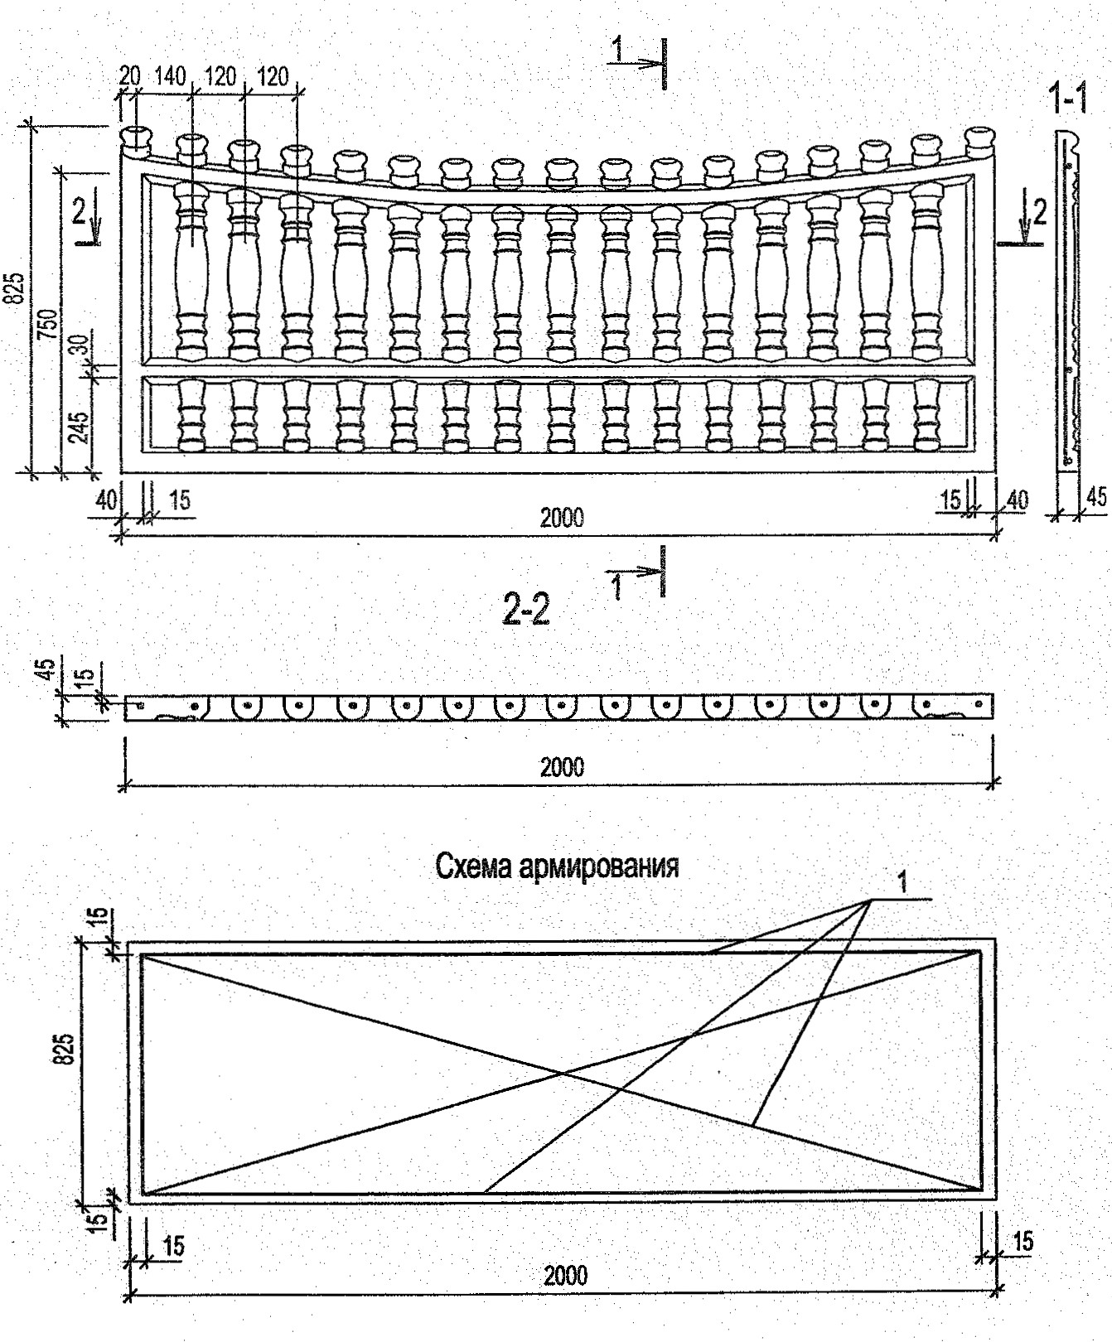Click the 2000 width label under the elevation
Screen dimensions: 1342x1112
(562, 519)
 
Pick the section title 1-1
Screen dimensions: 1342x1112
(1069, 100)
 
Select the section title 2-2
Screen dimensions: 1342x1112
(525, 611)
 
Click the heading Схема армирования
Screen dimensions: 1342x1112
(557, 867)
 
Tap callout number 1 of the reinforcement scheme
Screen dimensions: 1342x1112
(903, 883)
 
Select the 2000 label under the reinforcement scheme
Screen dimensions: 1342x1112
(565, 1274)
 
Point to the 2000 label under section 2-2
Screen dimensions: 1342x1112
(562, 767)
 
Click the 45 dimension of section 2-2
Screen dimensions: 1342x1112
(48, 668)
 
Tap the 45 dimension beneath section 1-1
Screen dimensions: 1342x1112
(1095, 496)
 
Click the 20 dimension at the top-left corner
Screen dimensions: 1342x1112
(129, 76)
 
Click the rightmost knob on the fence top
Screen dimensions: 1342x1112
(980, 140)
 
